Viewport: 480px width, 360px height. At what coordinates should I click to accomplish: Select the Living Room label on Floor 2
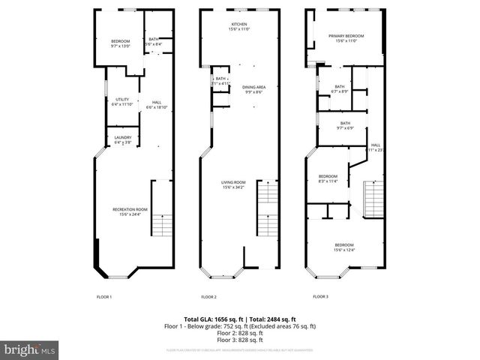pos(233,184)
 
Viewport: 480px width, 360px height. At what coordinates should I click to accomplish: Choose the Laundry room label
pos(123,139)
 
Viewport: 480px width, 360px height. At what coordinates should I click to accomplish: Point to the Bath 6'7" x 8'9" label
pos(340,88)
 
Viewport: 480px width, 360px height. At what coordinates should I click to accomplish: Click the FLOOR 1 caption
pos(104,297)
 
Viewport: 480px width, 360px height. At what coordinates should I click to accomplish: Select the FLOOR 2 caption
pos(208,297)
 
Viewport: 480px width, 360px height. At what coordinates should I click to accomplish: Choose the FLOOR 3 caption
pos(320,297)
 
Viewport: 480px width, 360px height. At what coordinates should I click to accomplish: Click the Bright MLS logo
pos(30,349)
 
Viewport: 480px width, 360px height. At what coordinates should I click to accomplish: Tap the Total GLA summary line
pos(240,319)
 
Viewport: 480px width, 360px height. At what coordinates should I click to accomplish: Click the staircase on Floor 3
pos(373,199)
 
